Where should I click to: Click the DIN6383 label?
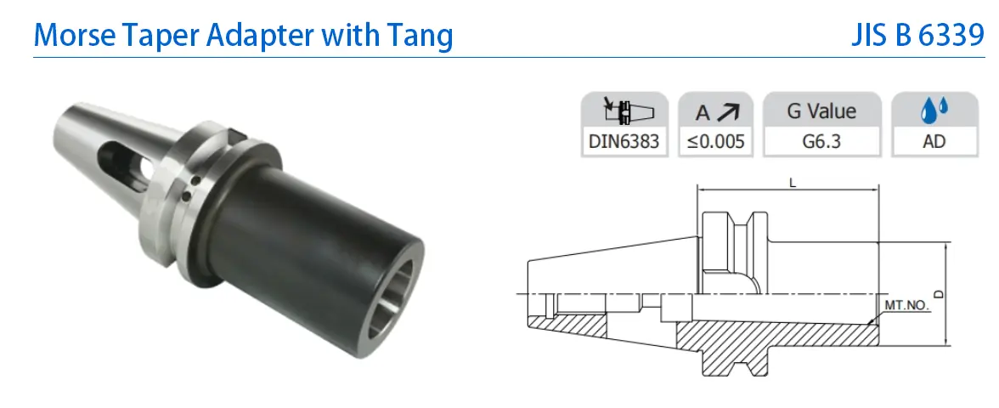point(624,141)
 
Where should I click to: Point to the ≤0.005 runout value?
point(715,141)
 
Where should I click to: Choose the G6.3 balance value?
point(822,141)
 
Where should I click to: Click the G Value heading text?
point(822,111)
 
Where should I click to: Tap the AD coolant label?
point(934,141)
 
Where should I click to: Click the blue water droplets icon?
point(934,110)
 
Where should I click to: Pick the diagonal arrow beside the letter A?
point(727,112)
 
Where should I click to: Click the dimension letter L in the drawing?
point(793,183)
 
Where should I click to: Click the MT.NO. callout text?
point(906,305)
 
